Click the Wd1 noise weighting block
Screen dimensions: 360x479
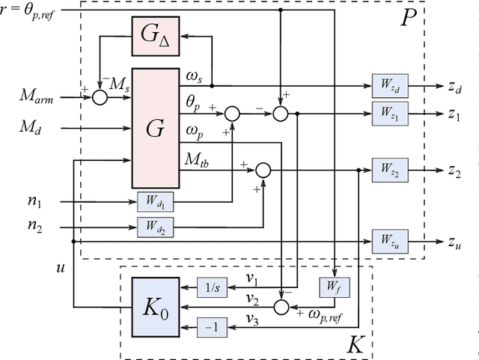pos(155,201)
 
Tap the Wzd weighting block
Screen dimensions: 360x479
pos(388,86)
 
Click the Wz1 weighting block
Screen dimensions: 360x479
pos(388,114)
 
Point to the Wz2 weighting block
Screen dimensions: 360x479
pos(388,169)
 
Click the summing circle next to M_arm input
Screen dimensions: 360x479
pos(100,97)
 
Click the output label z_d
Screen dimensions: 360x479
pos(454,86)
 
